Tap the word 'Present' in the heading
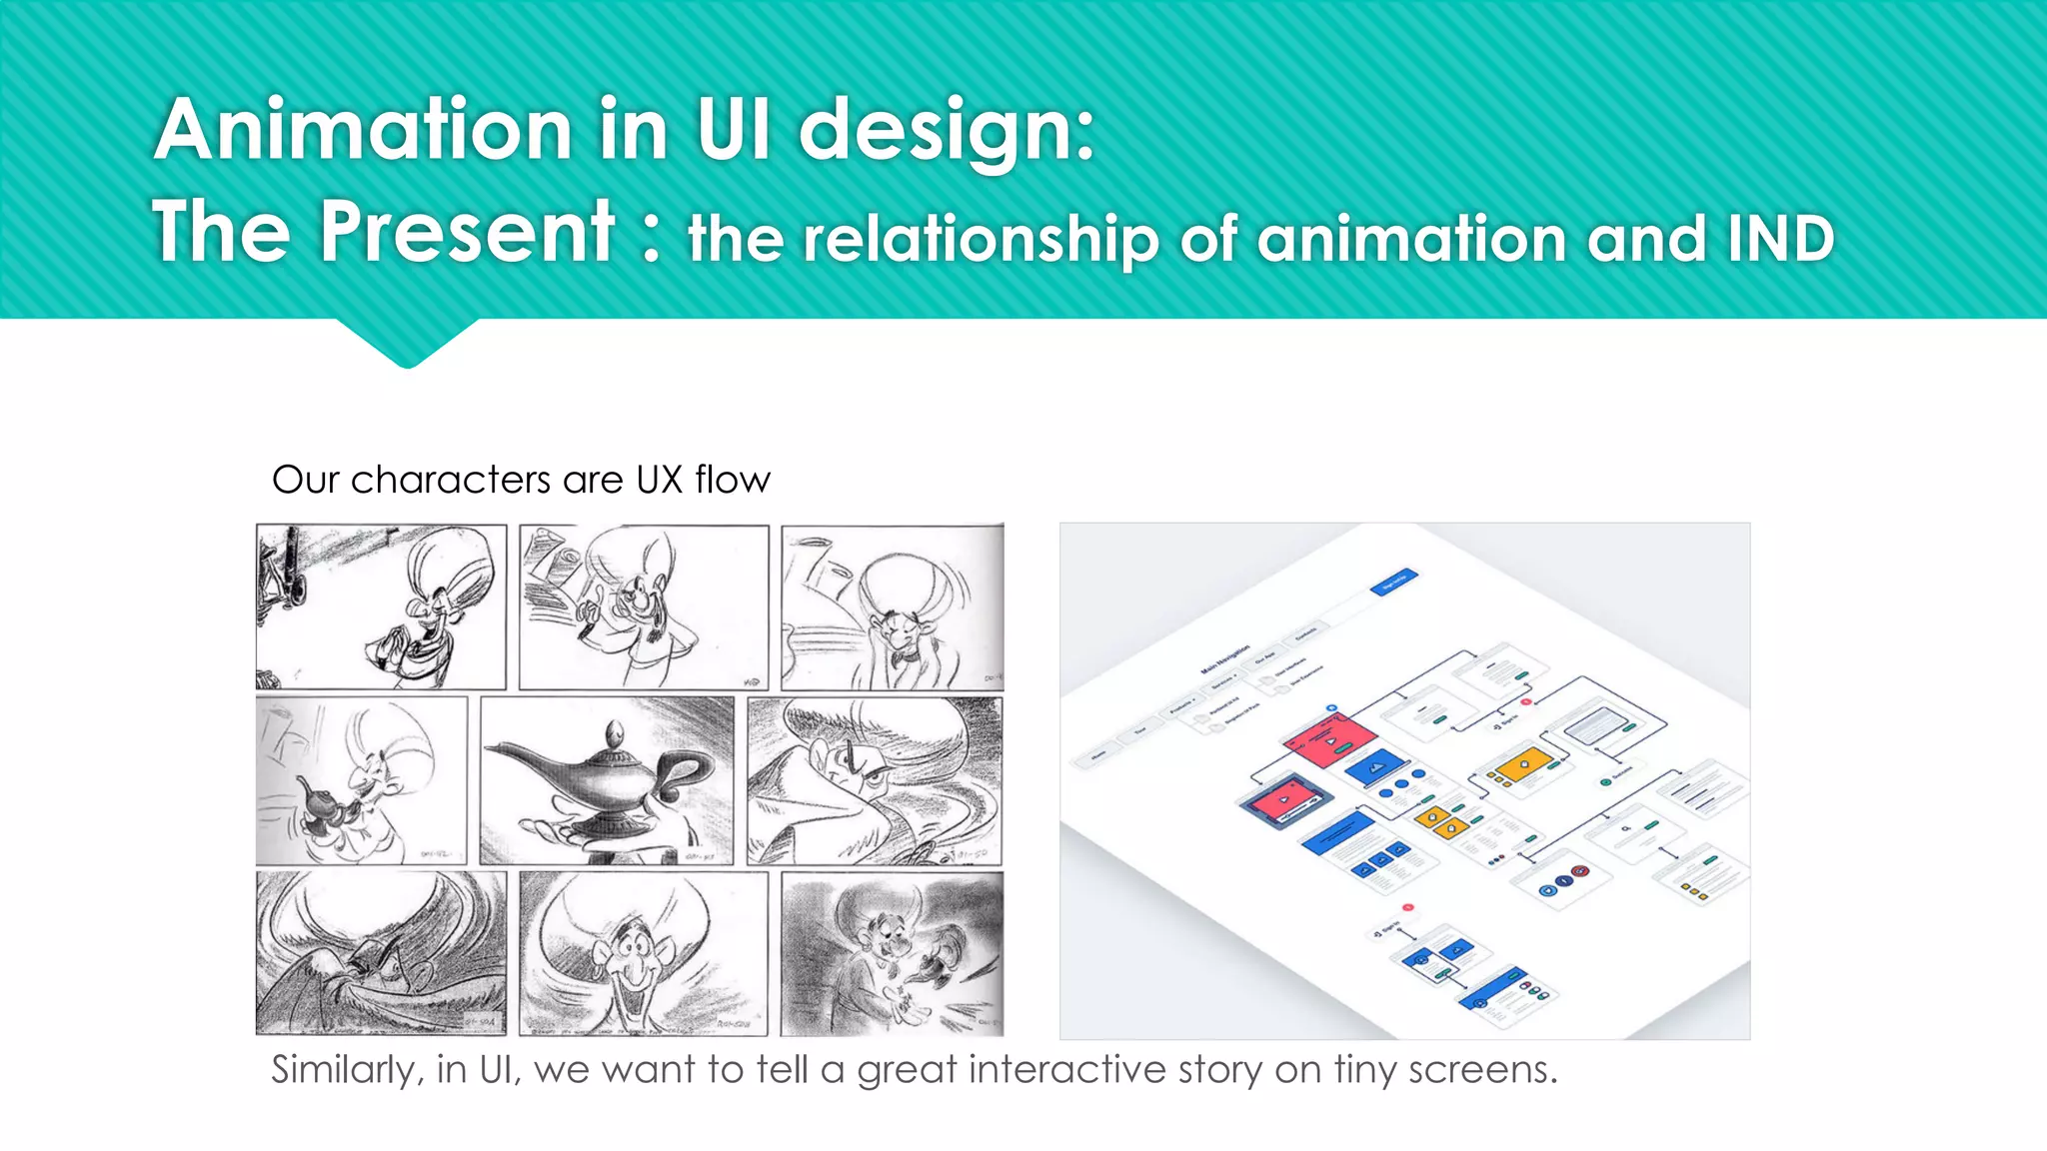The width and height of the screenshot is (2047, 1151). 467,232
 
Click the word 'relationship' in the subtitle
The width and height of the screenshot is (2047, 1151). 982,240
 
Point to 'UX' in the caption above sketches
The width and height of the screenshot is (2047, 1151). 660,480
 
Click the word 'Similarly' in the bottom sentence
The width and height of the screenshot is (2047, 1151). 344,1070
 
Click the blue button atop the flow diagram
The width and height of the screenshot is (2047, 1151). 1393,582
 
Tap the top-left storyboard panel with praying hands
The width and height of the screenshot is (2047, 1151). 381,607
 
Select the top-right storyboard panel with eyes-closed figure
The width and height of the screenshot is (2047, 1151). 892,607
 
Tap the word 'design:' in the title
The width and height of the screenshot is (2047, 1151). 946,130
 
